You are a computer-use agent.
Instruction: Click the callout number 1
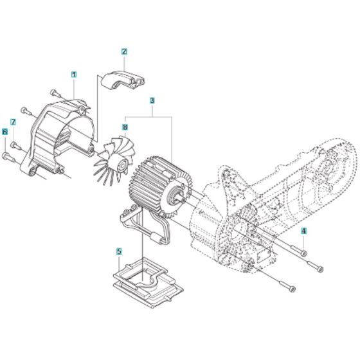74,75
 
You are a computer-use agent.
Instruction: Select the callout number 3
152,100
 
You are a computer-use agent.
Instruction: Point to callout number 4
305,231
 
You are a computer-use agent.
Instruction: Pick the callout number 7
13,122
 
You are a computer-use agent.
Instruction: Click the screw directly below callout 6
7,156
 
